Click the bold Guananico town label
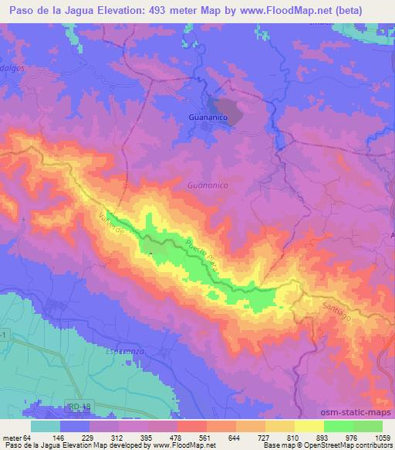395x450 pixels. click(208, 118)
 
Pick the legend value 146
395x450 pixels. click(78, 437)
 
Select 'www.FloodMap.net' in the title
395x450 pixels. click(303, 9)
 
